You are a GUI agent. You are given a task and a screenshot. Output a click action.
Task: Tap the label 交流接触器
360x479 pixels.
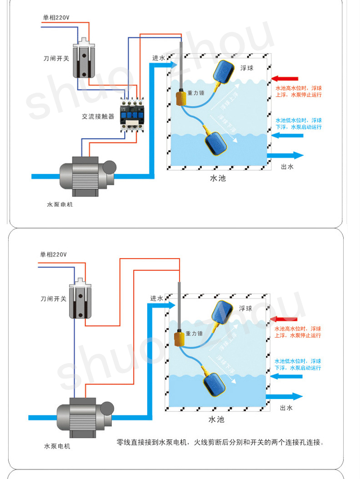[98, 116]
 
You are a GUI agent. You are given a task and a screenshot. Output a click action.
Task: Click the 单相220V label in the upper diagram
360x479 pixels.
[56, 18]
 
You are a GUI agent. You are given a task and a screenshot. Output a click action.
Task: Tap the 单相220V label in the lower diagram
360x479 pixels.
[53, 254]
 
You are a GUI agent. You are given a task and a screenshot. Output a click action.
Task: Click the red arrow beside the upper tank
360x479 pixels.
[285, 79]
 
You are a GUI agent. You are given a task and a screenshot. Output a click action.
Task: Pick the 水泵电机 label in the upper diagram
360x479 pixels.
[60, 205]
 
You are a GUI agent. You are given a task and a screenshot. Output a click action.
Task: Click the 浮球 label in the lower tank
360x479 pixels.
[245, 309]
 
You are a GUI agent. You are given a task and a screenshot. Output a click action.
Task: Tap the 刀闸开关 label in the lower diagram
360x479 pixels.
[53, 299]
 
